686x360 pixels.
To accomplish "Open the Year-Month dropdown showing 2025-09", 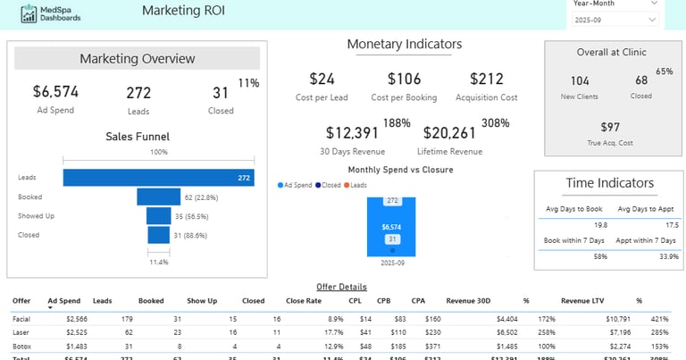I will pyautogui.click(x=615, y=18).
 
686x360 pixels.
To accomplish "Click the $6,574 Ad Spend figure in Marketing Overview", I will pyautogui.click(x=55, y=91).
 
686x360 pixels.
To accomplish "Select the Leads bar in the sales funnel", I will pyautogui.click(x=158, y=178).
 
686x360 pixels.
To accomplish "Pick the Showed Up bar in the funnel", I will pyautogui.click(x=158, y=215).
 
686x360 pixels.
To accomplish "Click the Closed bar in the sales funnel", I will pyautogui.click(x=158, y=235).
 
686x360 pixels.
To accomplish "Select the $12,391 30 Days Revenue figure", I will pyautogui.click(x=352, y=133).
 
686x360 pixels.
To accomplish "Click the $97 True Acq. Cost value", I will pyautogui.click(x=610, y=127).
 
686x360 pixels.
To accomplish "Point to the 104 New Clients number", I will pyautogui.click(x=579, y=81).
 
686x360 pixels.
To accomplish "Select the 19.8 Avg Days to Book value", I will pyautogui.click(x=575, y=225).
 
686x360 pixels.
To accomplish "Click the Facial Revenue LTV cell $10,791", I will pyautogui.click(x=593, y=318).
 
